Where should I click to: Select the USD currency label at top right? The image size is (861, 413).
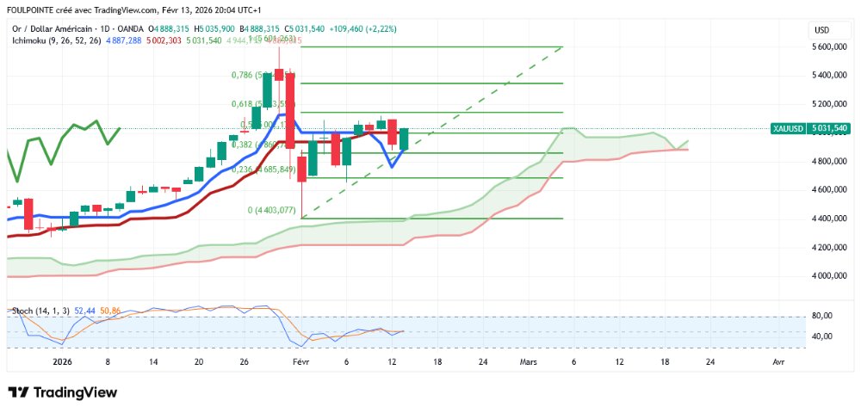click(x=821, y=30)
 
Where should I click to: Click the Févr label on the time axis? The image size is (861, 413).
click(x=300, y=363)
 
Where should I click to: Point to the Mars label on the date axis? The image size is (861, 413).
click(x=527, y=363)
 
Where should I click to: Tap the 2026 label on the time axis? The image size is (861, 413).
click(x=62, y=363)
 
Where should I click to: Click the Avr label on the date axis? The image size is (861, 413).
click(x=778, y=363)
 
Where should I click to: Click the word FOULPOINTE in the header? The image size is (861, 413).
click(x=33, y=10)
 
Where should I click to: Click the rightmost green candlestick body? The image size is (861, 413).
click(x=403, y=139)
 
